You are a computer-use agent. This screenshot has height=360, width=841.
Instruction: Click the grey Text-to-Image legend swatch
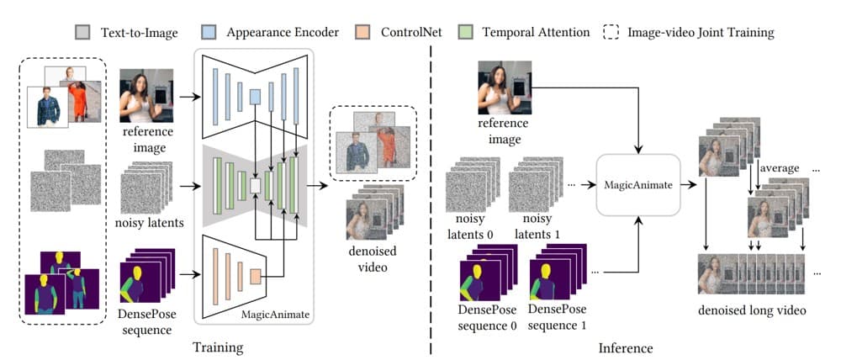[x=82, y=33]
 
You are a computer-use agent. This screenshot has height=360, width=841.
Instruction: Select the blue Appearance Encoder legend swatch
[x=208, y=33]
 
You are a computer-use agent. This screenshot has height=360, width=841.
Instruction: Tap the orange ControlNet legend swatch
[x=362, y=33]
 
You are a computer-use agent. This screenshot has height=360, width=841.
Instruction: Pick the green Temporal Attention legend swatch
[x=464, y=33]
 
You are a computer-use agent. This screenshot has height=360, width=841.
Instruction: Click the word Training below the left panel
[x=218, y=347]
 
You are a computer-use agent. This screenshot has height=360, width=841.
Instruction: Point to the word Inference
[x=627, y=348]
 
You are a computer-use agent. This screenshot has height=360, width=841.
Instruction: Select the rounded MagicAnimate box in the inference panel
[x=637, y=185]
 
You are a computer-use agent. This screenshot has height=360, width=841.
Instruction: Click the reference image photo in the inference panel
[x=504, y=88]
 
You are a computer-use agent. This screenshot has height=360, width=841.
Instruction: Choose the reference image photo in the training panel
[x=146, y=96]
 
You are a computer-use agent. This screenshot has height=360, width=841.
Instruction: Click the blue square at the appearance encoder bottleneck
[x=256, y=97]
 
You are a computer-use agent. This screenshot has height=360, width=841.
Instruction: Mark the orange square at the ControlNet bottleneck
[x=256, y=277]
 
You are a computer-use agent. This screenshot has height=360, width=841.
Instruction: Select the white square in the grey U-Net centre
[x=256, y=186]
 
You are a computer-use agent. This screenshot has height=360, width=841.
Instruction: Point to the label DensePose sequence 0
[x=488, y=317]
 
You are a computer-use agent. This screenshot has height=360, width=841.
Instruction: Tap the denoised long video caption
[x=752, y=310]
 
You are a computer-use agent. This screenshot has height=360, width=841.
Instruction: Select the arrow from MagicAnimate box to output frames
[x=689, y=185]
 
